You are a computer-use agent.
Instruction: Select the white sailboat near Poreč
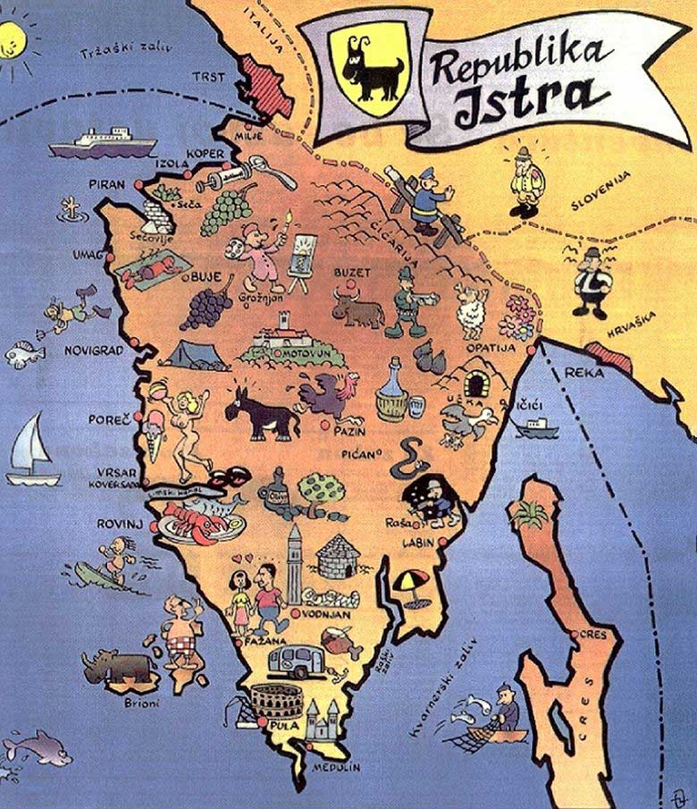[31, 452]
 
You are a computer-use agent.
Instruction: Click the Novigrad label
[93, 350]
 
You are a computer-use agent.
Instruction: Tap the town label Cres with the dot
[592, 635]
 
